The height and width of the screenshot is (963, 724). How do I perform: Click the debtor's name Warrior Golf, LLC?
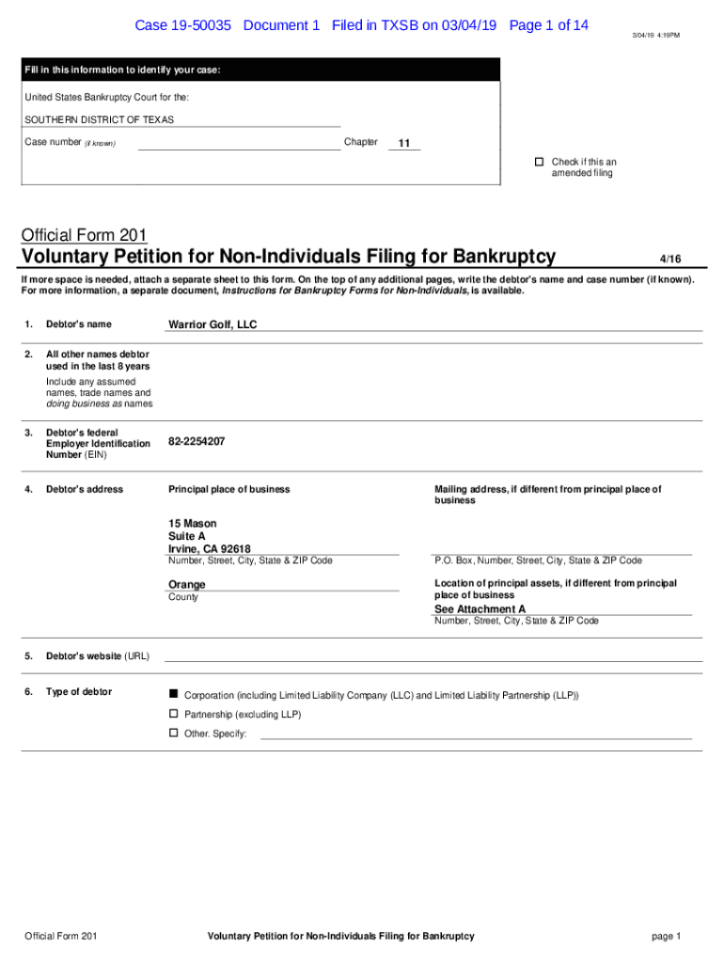click(212, 324)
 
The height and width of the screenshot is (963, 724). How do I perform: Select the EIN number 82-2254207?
click(197, 441)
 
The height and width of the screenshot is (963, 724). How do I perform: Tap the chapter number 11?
click(404, 144)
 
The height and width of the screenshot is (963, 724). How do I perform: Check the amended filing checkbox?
click(540, 162)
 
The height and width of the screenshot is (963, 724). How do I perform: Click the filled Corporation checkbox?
click(173, 694)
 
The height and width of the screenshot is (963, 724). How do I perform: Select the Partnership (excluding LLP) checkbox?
click(173, 714)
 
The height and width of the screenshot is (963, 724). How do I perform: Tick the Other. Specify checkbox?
click(173, 733)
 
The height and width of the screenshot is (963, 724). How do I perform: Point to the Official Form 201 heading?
click(84, 235)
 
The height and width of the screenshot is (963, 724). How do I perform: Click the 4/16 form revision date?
click(669, 259)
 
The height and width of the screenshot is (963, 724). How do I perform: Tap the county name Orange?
click(187, 585)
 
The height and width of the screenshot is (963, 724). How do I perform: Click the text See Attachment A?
click(480, 609)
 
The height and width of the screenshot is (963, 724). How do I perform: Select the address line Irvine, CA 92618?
click(210, 549)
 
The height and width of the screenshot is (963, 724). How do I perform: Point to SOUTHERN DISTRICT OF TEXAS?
click(99, 120)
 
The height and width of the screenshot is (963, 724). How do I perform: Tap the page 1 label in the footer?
click(665, 936)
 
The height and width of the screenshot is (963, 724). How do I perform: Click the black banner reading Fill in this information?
click(261, 71)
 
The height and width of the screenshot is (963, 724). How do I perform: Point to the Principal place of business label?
click(229, 489)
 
